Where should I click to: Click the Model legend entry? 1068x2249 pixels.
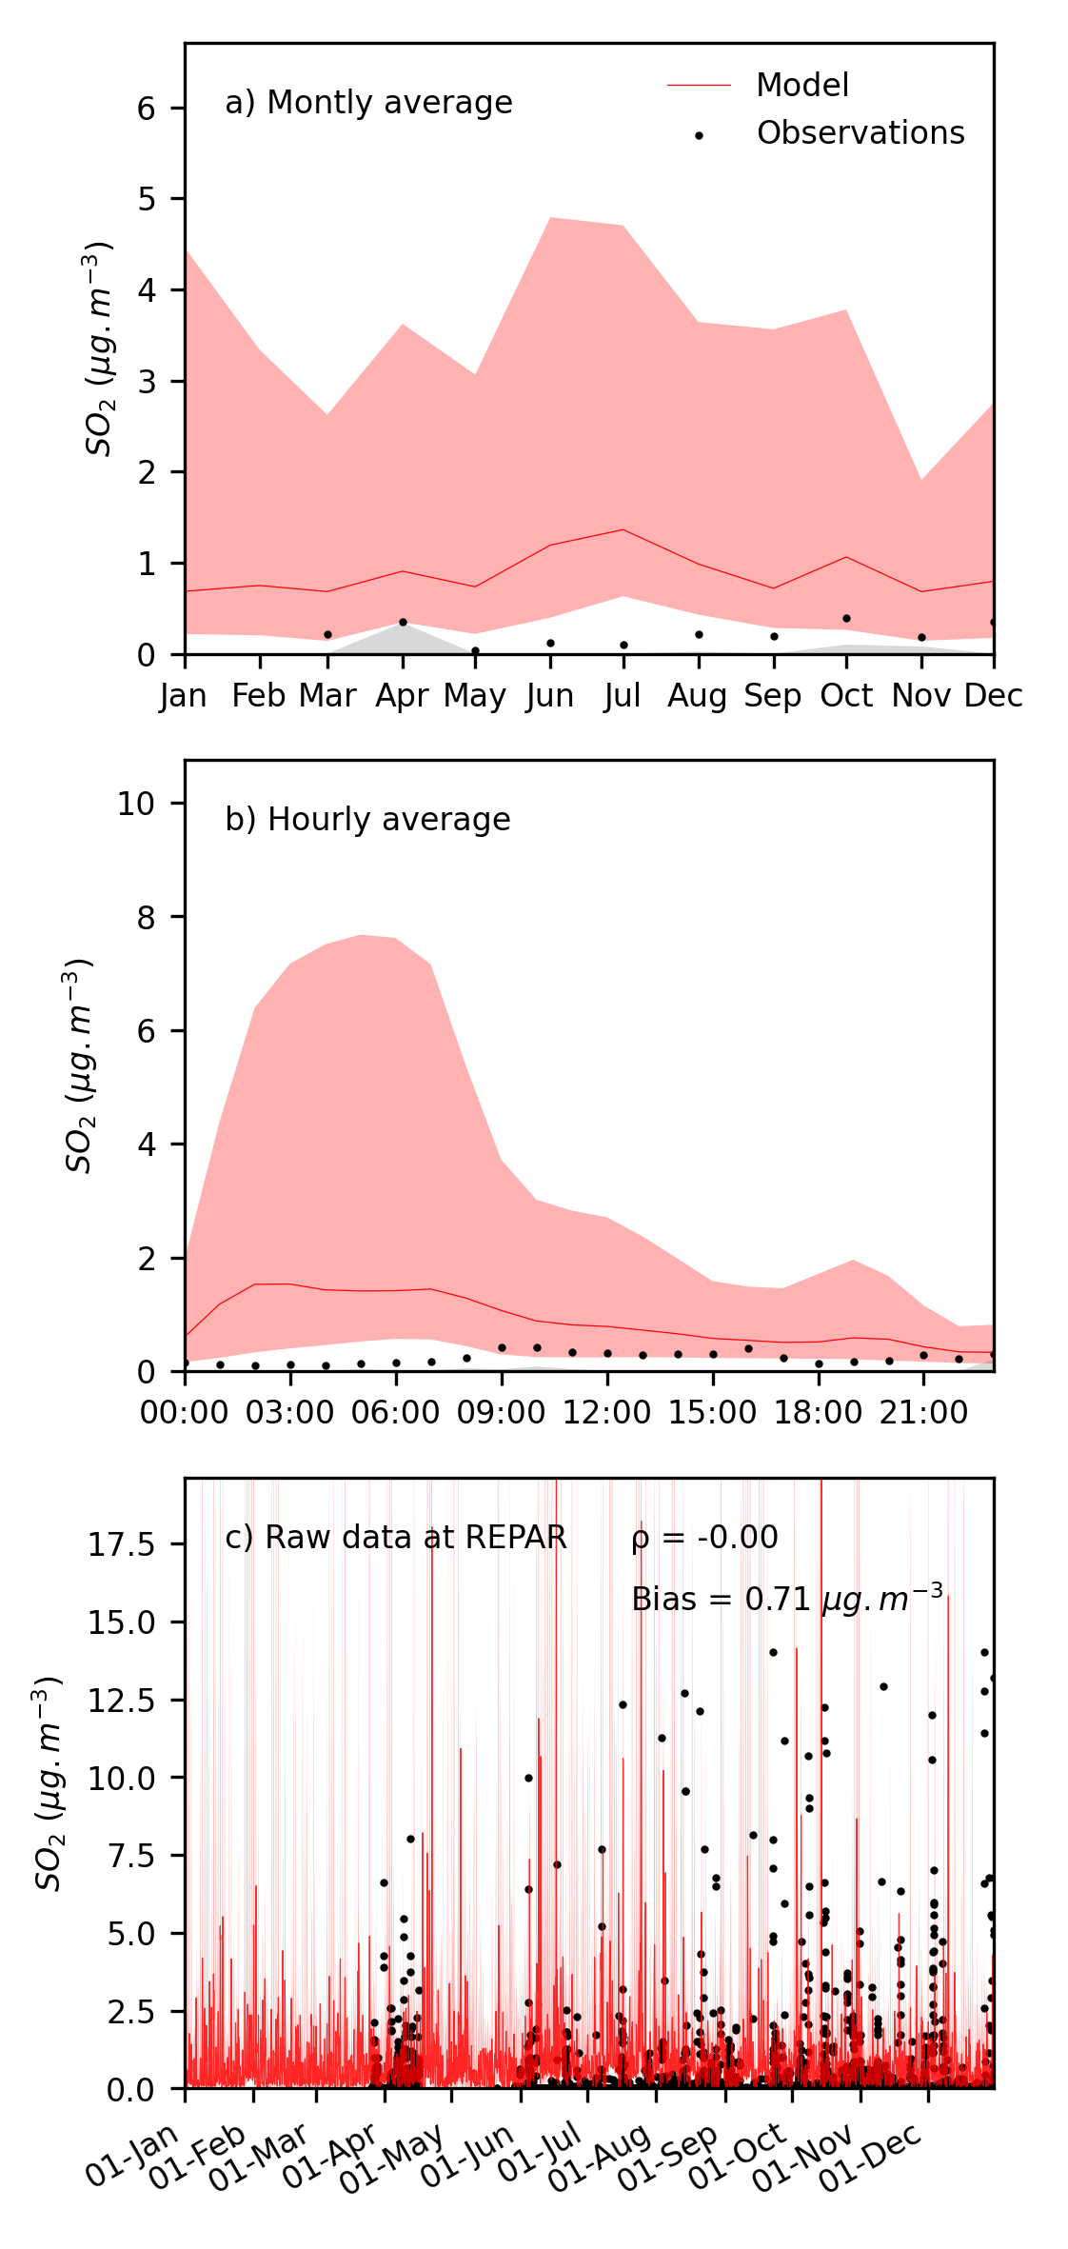[x=801, y=86]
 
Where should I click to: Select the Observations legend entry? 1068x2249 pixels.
[x=860, y=133]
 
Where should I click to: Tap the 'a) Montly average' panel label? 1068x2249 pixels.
[x=368, y=103]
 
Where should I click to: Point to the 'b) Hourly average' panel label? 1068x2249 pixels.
[x=367, y=820]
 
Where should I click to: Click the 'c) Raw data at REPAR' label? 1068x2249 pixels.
[x=396, y=1538]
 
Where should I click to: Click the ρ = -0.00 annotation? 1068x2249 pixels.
[x=704, y=1538]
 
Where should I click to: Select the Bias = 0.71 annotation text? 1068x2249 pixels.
[x=787, y=1599]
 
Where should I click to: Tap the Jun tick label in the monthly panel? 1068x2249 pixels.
[x=550, y=696]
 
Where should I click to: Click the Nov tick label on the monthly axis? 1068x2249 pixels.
[x=920, y=696]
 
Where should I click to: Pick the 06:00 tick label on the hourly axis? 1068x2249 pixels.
[x=396, y=1413]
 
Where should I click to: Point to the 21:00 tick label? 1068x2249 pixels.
[x=923, y=1413]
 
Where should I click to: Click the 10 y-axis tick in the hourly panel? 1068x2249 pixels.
[x=136, y=804]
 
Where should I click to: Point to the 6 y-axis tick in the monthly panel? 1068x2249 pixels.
[x=146, y=109]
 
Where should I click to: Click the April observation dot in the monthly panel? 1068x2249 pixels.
[x=403, y=623]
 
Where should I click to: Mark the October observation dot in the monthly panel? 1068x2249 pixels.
[x=846, y=619]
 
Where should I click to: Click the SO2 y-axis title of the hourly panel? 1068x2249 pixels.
[x=80, y=1066]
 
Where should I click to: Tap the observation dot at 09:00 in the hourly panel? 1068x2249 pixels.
[x=502, y=1348]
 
